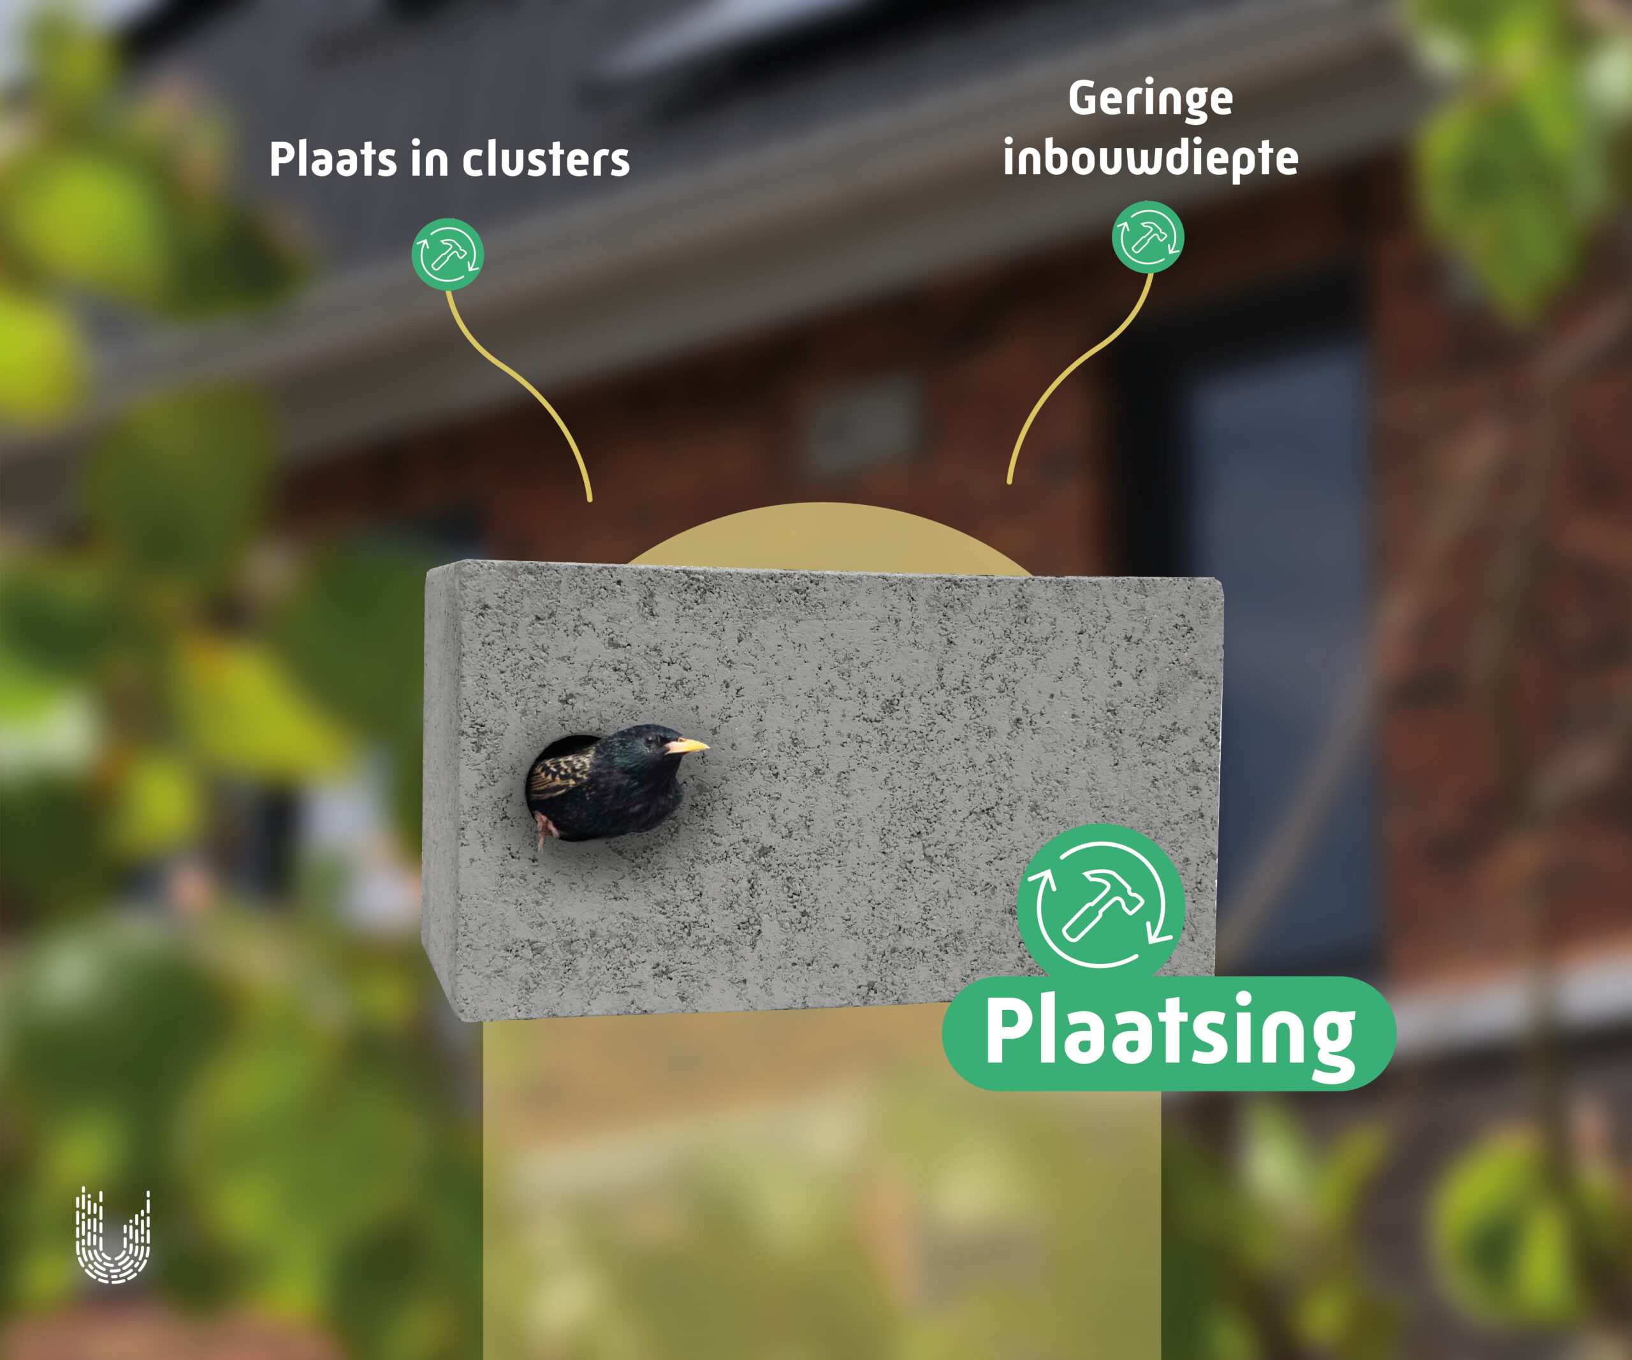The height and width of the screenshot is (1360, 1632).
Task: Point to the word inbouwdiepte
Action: click(1150, 159)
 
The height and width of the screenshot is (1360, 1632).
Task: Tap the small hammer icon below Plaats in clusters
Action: click(448, 254)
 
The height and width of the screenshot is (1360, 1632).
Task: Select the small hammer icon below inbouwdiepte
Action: click(1148, 237)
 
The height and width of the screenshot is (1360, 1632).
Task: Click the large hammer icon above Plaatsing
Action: click(1100, 906)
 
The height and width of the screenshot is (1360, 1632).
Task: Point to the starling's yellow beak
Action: click(687, 746)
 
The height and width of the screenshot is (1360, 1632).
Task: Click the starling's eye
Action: click(650, 738)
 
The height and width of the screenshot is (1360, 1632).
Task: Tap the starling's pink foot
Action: click(546, 830)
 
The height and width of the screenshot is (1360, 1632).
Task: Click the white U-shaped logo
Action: click(113, 1235)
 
